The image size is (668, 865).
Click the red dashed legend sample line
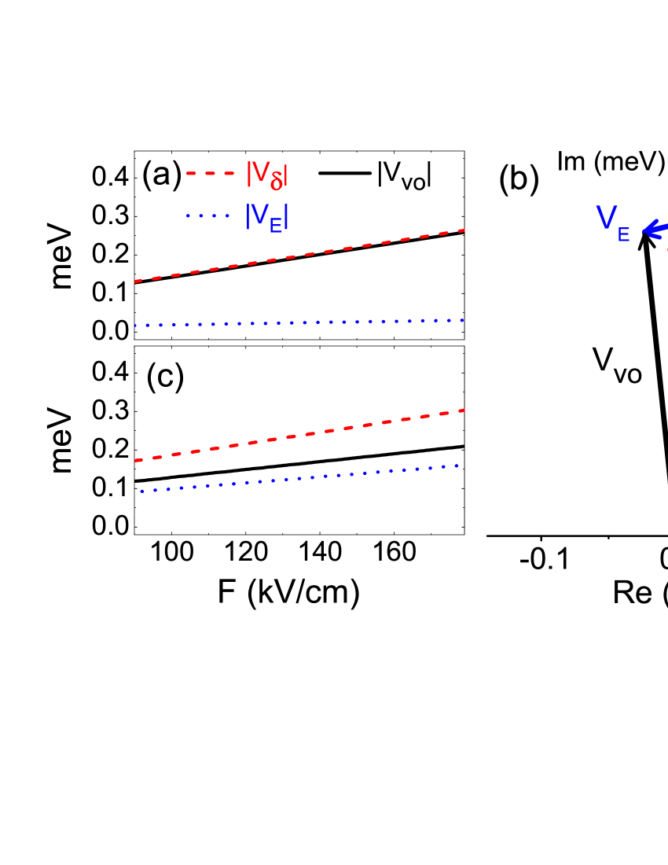point(210,173)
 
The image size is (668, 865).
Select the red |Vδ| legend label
point(267,175)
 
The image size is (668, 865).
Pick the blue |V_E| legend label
point(267,216)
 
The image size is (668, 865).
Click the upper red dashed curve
point(299,256)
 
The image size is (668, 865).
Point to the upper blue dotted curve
point(299,322)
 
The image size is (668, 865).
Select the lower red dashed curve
point(299,435)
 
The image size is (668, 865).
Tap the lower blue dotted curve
point(299,478)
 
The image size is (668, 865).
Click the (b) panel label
point(519,180)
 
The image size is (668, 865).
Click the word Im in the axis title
point(571,161)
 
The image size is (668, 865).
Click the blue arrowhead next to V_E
point(649,231)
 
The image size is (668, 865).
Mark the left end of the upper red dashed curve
point(136,281)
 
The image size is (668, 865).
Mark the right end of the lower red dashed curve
point(464,410)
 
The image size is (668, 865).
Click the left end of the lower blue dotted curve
point(141,491)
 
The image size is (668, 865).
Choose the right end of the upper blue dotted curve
point(464,320)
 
